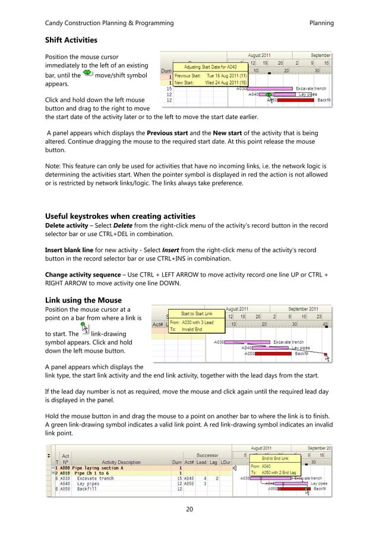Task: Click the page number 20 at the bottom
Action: coord(189,509)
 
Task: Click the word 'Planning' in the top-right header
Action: coord(321,23)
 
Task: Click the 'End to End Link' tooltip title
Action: coord(276,459)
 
